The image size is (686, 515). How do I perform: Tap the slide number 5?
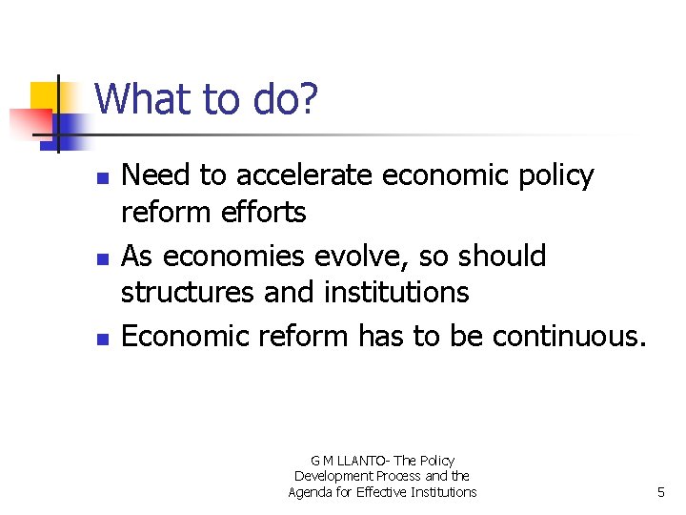(x=660, y=492)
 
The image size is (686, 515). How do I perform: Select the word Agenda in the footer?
(x=311, y=492)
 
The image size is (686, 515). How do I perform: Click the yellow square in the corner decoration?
(x=45, y=96)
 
